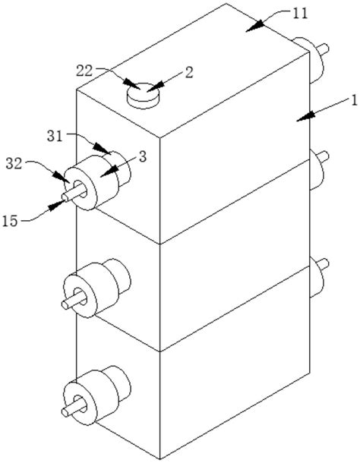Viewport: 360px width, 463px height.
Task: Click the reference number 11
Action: pyautogui.click(x=300, y=14)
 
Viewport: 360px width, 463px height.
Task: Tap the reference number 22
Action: pyautogui.click(x=84, y=71)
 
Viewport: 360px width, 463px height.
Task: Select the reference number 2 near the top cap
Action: pyautogui.click(x=189, y=72)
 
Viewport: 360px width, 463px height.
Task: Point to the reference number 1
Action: pyautogui.click(x=353, y=100)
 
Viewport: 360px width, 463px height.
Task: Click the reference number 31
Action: pyautogui.click(x=55, y=137)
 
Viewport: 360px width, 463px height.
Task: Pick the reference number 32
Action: pyautogui.click(x=14, y=164)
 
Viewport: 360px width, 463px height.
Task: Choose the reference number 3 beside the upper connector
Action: pyautogui.click(x=143, y=157)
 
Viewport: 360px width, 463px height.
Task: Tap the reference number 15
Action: pyautogui.click(x=10, y=221)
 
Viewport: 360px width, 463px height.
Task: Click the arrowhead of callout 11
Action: pyautogui.click(x=254, y=26)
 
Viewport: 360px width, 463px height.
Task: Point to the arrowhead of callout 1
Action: pyautogui.click(x=306, y=116)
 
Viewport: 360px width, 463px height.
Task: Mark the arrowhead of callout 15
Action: pyautogui.click(x=56, y=206)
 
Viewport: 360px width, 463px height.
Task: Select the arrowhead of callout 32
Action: pyautogui.click(x=62, y=177)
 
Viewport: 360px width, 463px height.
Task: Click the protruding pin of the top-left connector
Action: pyautogui.click(x=73, y=194)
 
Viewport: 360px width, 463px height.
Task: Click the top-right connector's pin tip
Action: pyautogui.click(x=326, y=48)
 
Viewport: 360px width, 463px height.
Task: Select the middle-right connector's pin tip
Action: pyautogui.click(x=326, y=156)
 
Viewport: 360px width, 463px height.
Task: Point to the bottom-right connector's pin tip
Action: pyautogui.click(x=326, y=263)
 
